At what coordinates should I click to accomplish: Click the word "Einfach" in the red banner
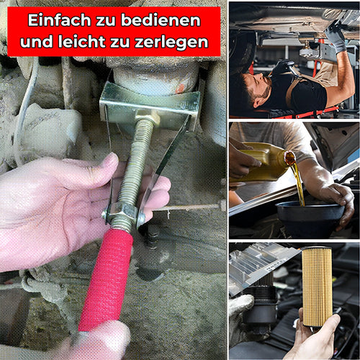click(x=59, y=20)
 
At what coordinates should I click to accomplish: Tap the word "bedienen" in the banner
click(x=161, y=20)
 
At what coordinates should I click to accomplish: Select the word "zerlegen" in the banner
click(x=171, y=42)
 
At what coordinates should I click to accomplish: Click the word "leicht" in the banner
click(x=81, y=42)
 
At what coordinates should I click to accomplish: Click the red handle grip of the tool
click(x=107, y=279)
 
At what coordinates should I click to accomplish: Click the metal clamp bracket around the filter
click(x=150, y=106)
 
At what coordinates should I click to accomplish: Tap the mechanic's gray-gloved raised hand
click(x=336, y=36)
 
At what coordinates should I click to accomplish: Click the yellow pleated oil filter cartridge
click(x=317, y=287)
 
